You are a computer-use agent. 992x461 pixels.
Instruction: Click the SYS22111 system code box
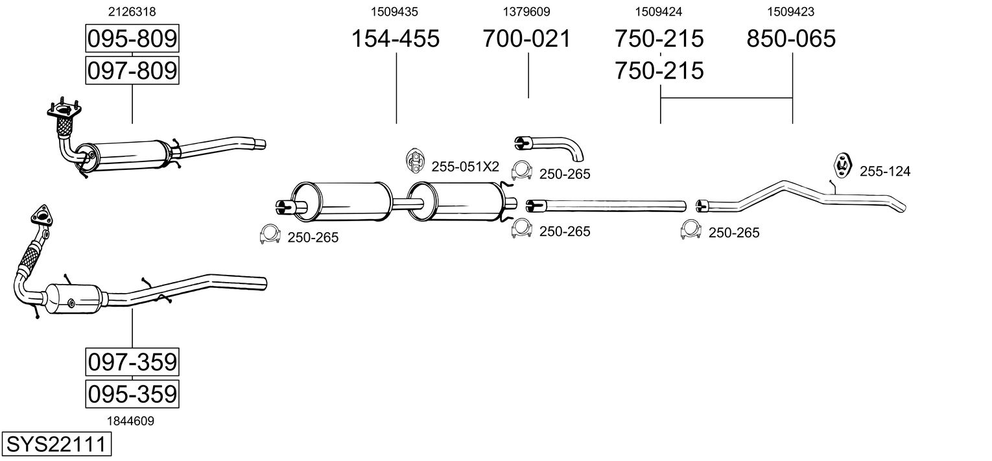coord(56,445)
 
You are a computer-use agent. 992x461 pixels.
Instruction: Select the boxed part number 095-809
coord(132,39)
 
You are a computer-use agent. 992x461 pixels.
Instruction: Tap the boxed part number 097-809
coord(132,70)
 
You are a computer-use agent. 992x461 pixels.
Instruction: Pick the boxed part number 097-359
coord(132,361)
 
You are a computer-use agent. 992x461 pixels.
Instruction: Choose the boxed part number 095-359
coord(132,394)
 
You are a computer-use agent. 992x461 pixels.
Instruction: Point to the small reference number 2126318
coord(132,12)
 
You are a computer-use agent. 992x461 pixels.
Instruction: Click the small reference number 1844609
coord(132,421)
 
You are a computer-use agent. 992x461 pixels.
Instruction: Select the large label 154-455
coord(396,39)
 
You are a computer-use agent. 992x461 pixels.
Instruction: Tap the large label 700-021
coord(527,39)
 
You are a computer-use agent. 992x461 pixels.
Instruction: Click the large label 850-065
coord(792,39)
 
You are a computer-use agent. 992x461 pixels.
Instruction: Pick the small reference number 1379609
coord(526,12)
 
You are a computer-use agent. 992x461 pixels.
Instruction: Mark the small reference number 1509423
coord(791,12)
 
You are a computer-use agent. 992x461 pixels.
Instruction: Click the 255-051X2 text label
coord(465,167)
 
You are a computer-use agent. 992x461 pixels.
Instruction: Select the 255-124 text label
coord(885,172)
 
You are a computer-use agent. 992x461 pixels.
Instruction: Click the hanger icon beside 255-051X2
coord(414,161)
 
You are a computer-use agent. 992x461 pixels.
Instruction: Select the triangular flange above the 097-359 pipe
coord(40,216)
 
